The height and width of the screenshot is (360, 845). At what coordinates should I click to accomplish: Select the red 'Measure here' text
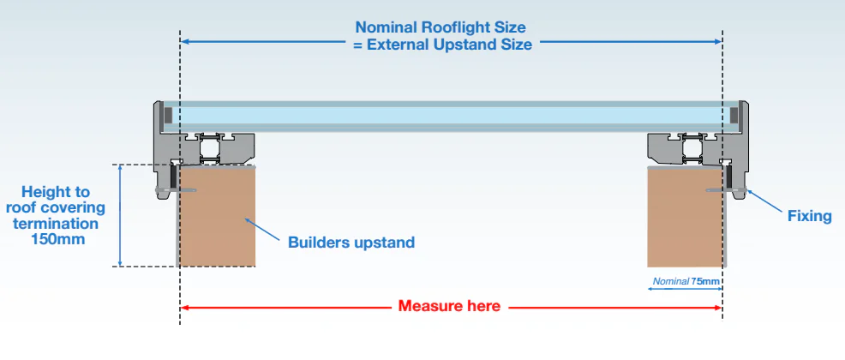pos(449,306)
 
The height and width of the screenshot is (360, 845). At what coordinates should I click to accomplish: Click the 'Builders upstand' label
pos(351,243)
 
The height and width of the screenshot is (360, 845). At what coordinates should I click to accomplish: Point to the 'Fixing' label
pos(809,216)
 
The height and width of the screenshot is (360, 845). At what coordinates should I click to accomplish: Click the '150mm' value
pos(52,239)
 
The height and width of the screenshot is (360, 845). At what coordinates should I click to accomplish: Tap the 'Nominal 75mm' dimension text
pos(686,280)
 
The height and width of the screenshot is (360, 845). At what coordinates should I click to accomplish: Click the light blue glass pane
pos(451,115)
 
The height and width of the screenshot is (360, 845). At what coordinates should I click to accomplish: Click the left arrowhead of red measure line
pos(185,307)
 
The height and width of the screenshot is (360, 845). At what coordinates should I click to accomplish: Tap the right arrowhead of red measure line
pos(717,307)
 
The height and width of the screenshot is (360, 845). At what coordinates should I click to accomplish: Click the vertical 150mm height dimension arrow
pos(121,214)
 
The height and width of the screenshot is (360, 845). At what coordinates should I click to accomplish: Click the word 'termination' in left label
pos(52,224)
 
